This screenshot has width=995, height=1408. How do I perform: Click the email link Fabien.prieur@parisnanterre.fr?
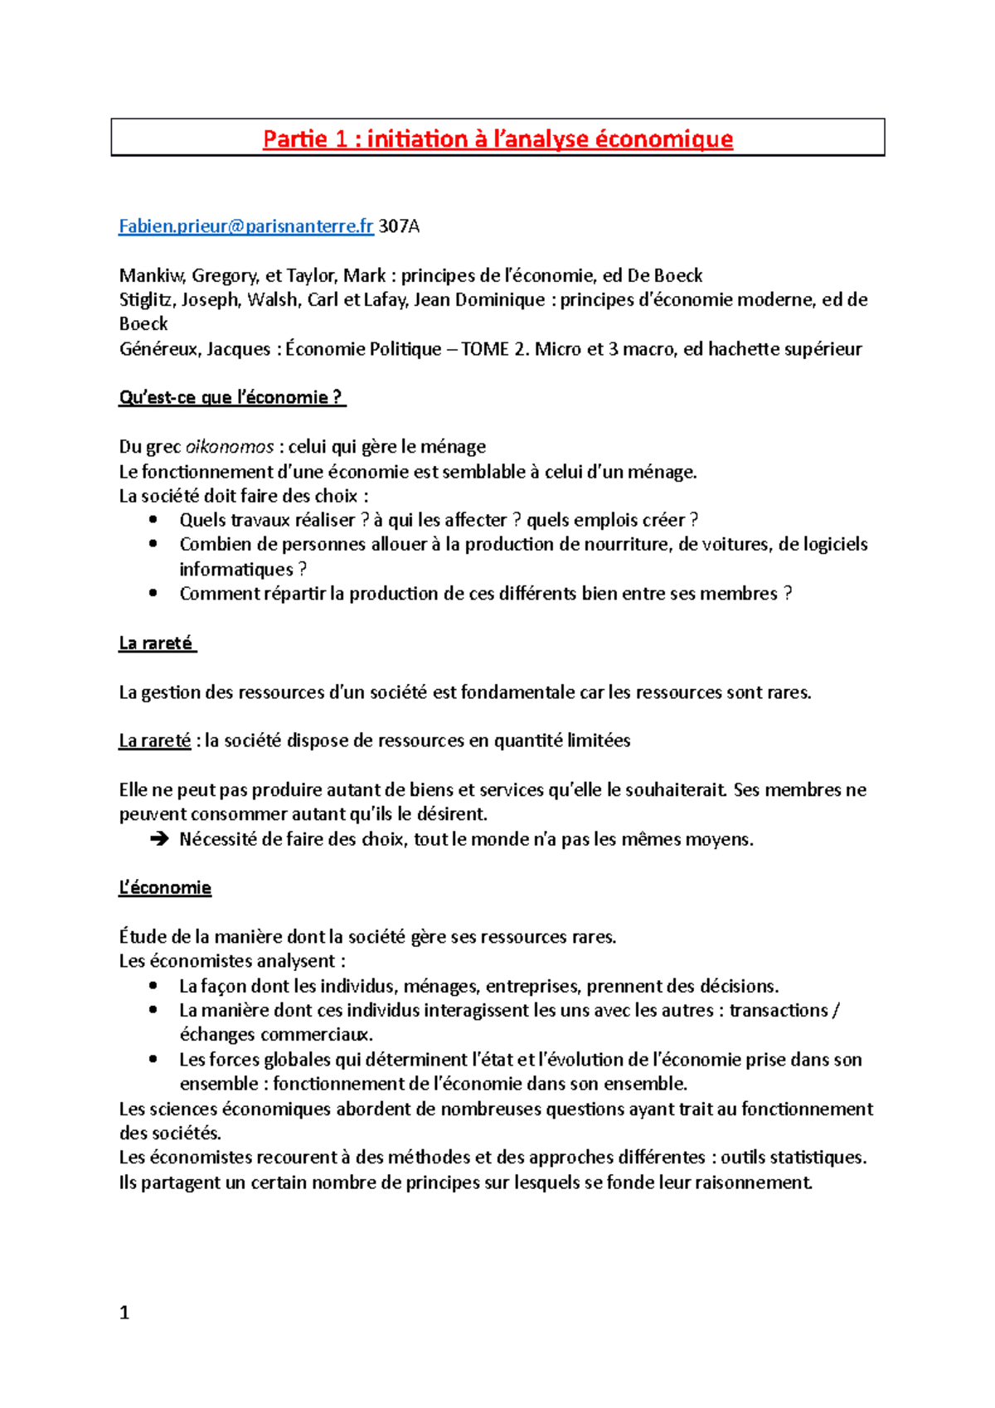click(x=245, y=226)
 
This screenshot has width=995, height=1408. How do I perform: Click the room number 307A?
click(x=400, y=226)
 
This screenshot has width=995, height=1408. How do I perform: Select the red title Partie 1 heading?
click(x=498, y=138)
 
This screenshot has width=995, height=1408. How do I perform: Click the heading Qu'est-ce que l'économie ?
click(x=231, y=397)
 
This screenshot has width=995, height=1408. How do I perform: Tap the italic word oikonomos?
click(x=230, y=447)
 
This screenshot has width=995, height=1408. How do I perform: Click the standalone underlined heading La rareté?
click(x=156, y=643)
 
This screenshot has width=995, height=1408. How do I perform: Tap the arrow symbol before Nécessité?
click(x=158, y=839)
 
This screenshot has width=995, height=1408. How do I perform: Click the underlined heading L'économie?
click(x=165, y=887)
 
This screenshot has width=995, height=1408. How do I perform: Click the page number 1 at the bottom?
click(x=124, y=1312)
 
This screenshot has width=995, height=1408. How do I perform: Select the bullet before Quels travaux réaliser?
click(x=153, y=520)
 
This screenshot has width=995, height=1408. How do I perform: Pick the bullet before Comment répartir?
click(x=153, y=593)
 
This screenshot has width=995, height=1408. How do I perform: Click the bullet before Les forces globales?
click(x=153, y=1059)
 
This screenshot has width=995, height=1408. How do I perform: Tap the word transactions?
click(x=779, y=1010)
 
